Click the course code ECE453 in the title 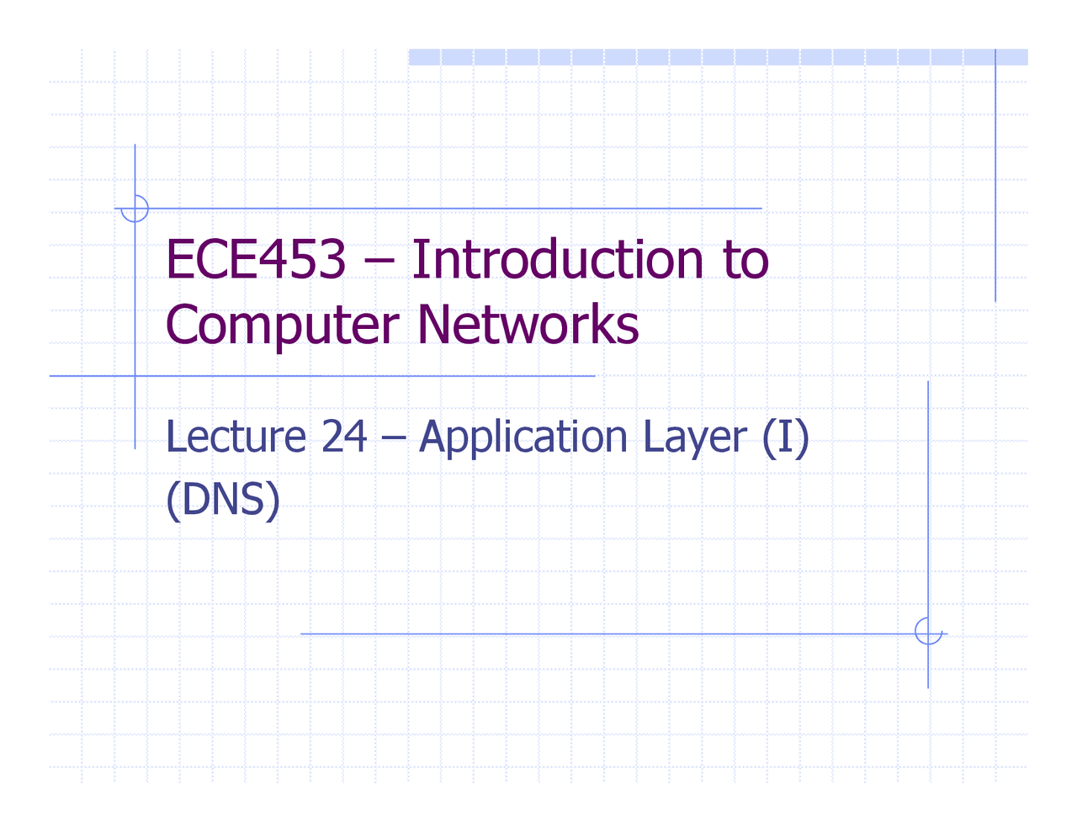(x=256, y=259)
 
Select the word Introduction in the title (x=557, y=259)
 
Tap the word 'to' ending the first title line (x=745, y=261)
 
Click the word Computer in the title (x=282, y=325)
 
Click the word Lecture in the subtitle (x=236, y=437)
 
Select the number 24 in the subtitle (x=344, y=437)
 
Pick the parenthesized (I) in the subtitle (x=786, y=437)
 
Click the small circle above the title (x=135, y=209)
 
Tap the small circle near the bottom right (x=928, y=631)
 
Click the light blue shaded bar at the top (x=717, y=56)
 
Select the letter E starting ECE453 (x=178, y=259)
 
